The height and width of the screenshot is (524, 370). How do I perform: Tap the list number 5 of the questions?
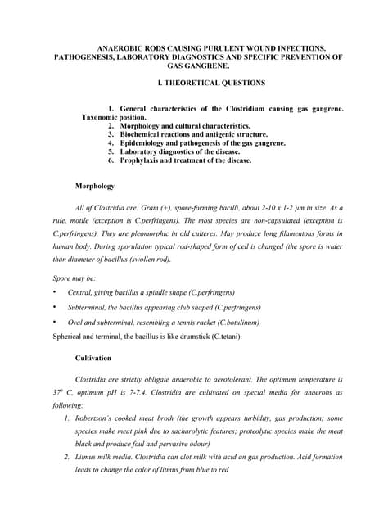tap(111, 152)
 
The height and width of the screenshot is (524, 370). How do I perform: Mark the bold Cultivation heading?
tap(93, 359)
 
